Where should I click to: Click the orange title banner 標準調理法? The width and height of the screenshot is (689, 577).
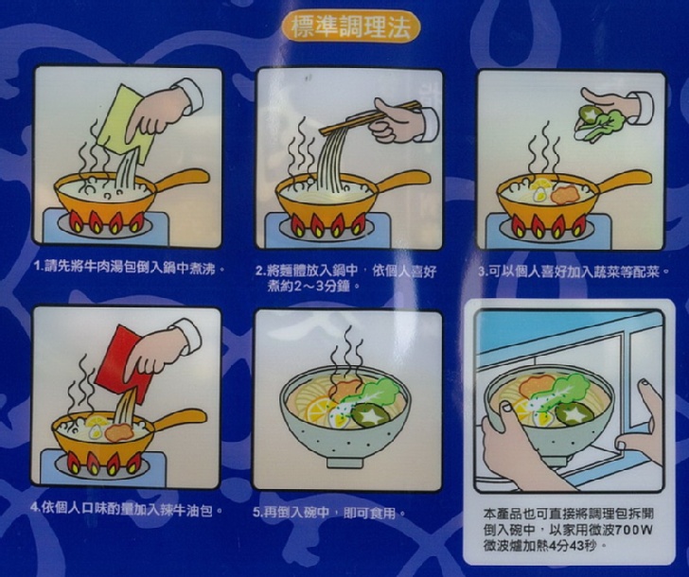click(x=350, y=27)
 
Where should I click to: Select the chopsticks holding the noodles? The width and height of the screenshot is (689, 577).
click(x=369, y=117)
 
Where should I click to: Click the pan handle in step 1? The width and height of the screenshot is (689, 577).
click(x=179, y=180)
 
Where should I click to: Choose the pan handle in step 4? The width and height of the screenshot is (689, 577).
click(x=178, y=420)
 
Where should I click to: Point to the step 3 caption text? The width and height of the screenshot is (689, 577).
click(x=574, y=271)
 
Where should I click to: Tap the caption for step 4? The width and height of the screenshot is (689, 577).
click(x=126, y=510)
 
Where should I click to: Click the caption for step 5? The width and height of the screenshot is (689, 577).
click(x=328, y=513)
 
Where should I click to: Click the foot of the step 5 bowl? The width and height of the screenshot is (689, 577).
click(x=344, y=462)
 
